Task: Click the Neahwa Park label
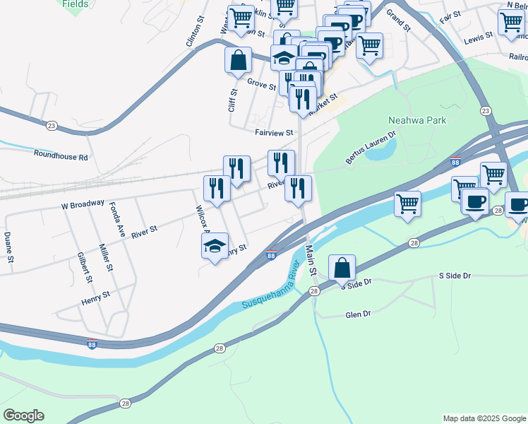coord(417,120)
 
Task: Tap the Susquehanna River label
coord(271,290)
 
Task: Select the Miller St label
coord(106,258)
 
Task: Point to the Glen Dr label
coord(358,315)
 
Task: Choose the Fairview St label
coord(274,132)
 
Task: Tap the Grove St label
coord(261,84)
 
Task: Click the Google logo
coord(23,416)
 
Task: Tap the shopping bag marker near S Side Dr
coord(342,269)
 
